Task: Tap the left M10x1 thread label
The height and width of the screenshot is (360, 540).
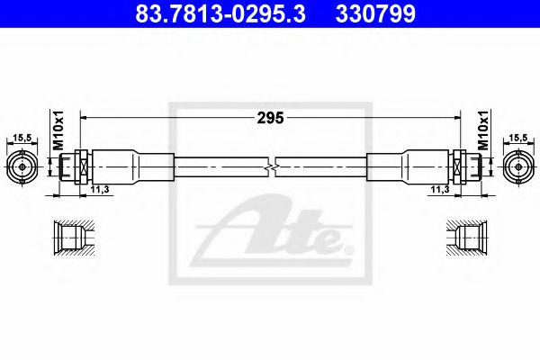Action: [x=56, y=131]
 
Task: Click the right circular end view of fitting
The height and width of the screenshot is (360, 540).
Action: [x=517, y=166]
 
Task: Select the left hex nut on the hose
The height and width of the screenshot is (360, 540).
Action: [x=80, y=166]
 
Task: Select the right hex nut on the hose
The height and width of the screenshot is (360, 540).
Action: [x=460, y=166]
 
